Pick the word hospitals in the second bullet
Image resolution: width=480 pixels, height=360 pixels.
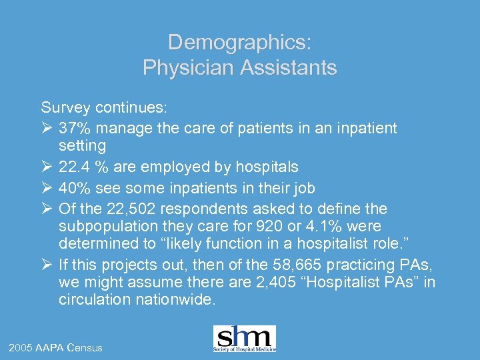pyautogui.click(x=269, y=166)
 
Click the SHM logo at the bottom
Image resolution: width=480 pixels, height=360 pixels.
pyautogui.click(x=244, y=339)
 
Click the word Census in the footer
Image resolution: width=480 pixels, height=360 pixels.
pyautogui.click(x=84, y=348)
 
